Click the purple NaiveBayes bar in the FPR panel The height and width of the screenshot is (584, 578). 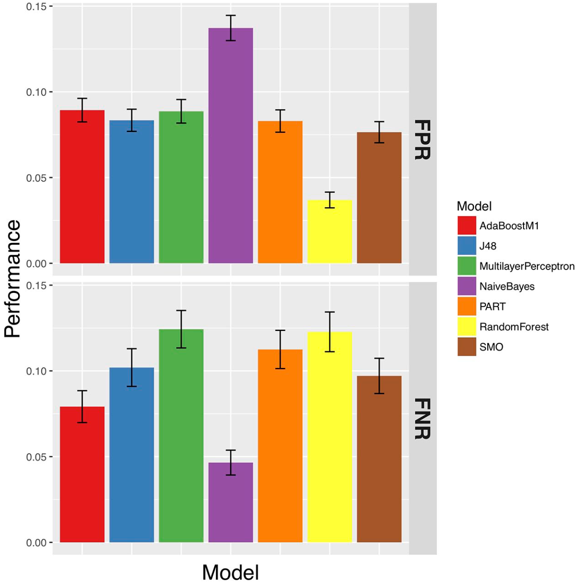coord(230,145)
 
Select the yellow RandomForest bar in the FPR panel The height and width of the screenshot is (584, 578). coord(329,231)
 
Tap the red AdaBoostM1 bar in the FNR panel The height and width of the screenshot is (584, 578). coord(82,474)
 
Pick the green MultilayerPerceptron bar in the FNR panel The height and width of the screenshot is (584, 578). coord(181,436)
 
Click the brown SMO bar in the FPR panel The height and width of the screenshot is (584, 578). coord(379,197)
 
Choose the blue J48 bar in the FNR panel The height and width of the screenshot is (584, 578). coord(132,455)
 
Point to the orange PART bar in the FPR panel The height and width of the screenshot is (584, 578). coord(280,192)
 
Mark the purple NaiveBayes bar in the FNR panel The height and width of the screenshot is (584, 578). coord(230,502)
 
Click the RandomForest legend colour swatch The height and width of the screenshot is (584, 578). coord(467,326)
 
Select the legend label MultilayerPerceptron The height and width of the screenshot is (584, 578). coord(527,266)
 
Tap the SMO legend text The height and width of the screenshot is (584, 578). coord(491,347)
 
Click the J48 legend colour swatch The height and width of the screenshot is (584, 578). coord(467,246)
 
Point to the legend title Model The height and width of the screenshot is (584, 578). coord(474,206)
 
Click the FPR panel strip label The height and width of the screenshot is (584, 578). coord(422,140)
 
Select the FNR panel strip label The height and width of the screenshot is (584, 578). coord(422,418)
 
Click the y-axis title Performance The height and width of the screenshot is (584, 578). coord(12,278)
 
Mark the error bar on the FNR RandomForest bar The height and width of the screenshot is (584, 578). coord(329,332)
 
